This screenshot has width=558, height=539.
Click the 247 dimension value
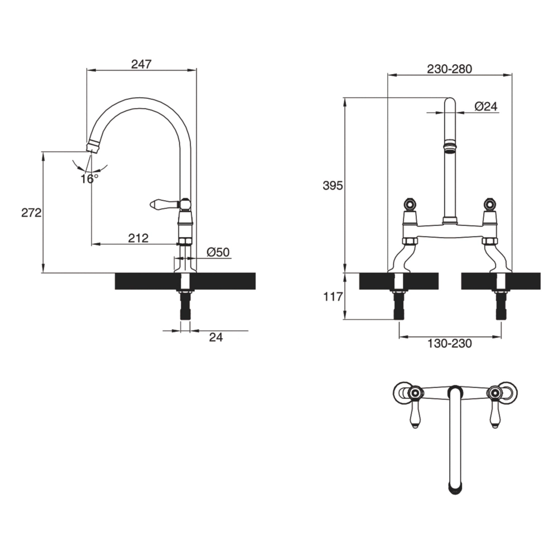click(x=141, y=64)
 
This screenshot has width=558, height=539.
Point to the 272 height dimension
click(x=31, y=213)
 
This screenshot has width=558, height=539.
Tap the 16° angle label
click(x=89, y=179)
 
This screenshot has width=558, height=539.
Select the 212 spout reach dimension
click(x=138, y=238)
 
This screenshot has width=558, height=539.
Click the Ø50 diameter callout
click(x=218, y=252)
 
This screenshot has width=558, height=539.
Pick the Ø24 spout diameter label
click(x=486, y=106)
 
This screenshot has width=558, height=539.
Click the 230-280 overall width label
click(x=449, y=69)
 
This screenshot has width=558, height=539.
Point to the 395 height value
click(x=333, y=185)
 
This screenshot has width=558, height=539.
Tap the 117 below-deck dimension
click(x=333, y=296)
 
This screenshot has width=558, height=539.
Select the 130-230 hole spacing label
click(x=450, y=343)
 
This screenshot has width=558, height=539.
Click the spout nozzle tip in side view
click(x=93, y=147)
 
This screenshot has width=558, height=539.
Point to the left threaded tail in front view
click(x=399, y=305)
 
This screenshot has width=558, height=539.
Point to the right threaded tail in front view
click(x=501, y=305)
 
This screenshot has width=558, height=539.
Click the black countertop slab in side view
click(x=185, y=281)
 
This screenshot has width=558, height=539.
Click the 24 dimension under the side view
click(x=215, y=337)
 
